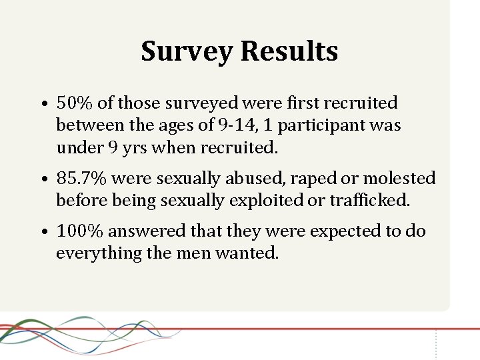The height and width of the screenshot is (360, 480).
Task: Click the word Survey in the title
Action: click(x=187, y=51)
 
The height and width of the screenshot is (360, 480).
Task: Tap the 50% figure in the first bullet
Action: click(x=75, y=103)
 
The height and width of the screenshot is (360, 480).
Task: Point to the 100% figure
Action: click(x=80, y=231)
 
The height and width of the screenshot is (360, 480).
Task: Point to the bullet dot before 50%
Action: click(x=42, y=105)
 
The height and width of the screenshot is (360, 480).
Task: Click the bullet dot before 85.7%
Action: click(x=42, y=180)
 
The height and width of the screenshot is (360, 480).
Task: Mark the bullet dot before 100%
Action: click(x=42, y=233)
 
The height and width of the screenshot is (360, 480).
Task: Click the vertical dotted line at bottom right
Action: click(x=436, y=343)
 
